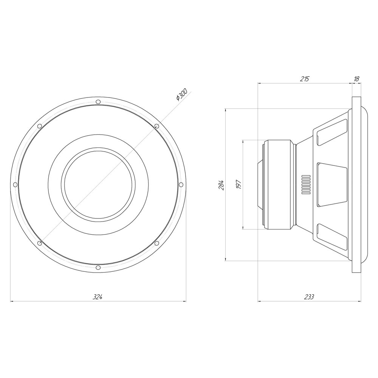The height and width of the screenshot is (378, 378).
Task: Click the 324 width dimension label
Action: [98, 297]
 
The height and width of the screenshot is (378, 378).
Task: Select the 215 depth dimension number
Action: [304, 79]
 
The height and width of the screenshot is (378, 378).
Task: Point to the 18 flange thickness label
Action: [356, 79]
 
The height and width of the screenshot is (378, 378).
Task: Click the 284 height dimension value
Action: [222, 185]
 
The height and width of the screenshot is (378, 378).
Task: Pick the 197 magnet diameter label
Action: [239, 184]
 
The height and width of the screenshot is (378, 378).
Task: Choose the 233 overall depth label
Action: [309, 297]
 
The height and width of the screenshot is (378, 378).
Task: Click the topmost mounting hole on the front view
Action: [98, 102]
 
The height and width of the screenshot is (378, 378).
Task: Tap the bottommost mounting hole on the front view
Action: [98, 268]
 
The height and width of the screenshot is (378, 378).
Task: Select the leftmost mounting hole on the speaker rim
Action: [15, 185]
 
